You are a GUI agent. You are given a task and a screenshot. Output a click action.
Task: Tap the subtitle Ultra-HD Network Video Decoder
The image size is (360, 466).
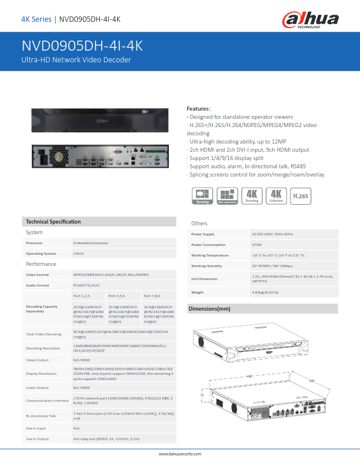point(76,60)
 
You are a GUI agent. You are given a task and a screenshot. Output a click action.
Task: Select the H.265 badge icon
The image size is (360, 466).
point(300,196)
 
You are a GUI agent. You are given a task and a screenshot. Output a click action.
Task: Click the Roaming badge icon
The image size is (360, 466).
point(202,196)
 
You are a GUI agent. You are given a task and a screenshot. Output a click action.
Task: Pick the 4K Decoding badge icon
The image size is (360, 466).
point(252,196)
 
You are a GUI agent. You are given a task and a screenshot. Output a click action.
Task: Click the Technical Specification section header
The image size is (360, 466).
point(53,222)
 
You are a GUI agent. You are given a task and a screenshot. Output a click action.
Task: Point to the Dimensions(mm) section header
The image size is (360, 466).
point(209,308)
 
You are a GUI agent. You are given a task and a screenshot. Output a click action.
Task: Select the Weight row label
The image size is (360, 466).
point(198,292)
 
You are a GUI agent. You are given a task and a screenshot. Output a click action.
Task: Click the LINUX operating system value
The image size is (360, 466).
point(78,254)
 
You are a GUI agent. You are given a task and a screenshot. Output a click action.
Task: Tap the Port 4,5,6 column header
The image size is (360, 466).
point(118,295)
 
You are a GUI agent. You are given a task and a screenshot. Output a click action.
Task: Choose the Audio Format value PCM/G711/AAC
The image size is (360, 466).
point(87,285)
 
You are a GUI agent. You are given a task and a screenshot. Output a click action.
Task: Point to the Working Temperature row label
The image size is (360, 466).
point(210,255)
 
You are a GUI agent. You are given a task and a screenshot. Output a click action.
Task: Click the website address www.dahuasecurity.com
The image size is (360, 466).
point(180,454)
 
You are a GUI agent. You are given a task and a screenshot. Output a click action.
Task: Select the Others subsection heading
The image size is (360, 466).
point(199,224)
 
